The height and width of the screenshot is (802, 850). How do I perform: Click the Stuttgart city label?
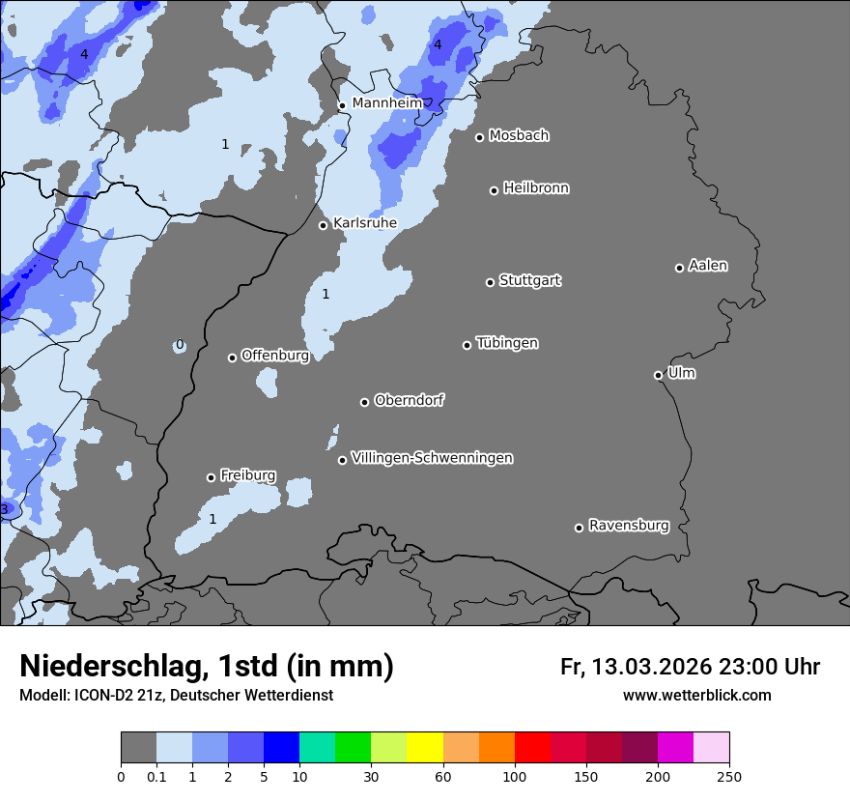pyautogui.click(x=529, y=280)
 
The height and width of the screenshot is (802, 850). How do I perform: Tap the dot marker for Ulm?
pyautogui.click(x=658, y=375)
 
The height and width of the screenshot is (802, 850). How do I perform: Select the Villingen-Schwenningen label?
pyautogui.click(x=432, y=458)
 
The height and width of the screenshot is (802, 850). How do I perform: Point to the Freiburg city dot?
pyautogui.click(x=211, y=477)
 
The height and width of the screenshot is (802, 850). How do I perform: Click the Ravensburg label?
pyautogui.click(x=628, y=526)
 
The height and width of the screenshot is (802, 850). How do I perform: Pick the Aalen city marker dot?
pyautogui.click(x=679, y=268)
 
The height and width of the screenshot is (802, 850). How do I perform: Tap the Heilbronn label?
pyautogui.click(x=536, y=188)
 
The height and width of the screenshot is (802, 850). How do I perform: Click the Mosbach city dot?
pyautogui.click(x=479, y=137)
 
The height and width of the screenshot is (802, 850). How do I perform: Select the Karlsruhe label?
pyautogui.click(x=364, y=223)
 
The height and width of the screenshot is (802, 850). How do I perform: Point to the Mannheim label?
pyautogui.click(x=386, y=102)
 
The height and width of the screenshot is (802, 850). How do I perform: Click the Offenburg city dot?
pyautogui.click(x=232, y=358)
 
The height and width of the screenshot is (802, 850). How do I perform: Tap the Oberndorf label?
pyautogui.click(x=409, y=400)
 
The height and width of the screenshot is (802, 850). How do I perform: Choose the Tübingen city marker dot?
pyautogui.click(x=467, y=345)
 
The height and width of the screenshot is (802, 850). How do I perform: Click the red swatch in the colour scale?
pyautogui.click(x=532, y=748)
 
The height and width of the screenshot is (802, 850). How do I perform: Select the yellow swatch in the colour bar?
pyautogui.click(x=424, y=748)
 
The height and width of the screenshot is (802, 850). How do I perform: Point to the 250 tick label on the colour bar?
pyautogui.click(x=729, y=775)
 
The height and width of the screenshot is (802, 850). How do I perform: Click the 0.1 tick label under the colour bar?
pyautogui.click(x=156, y=775)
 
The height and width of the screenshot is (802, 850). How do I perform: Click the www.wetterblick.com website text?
pyautogui.click(x=696, y=695)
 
